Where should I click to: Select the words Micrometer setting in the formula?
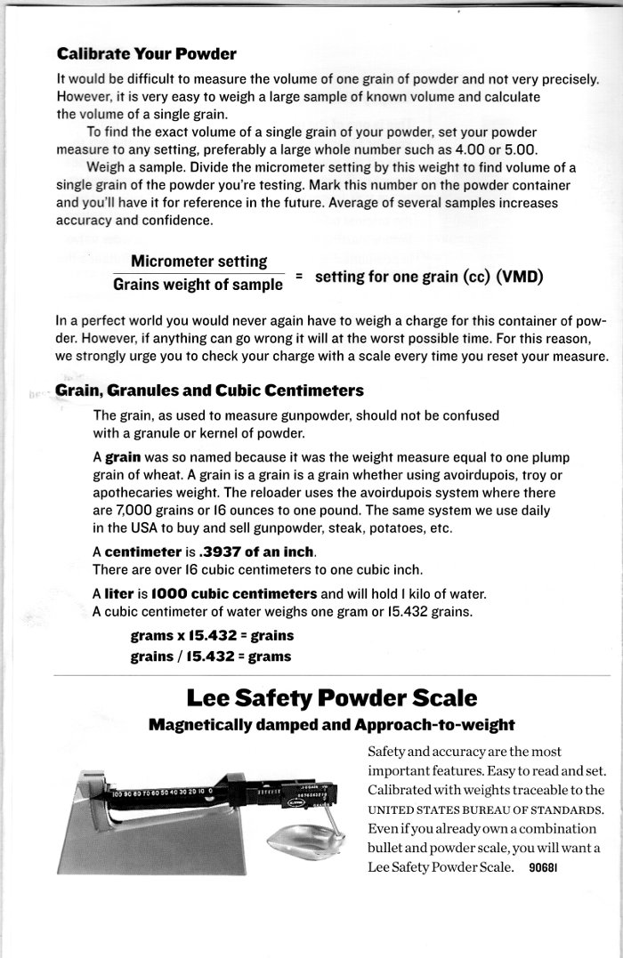click(199, 262)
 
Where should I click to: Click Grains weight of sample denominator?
click(198, 286)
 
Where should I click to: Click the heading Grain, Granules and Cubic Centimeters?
click(209, 390)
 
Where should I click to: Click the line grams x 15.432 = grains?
click(212, 637)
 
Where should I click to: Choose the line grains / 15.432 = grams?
click(211, 656)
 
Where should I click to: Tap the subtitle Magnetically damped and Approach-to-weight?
click(332, 724)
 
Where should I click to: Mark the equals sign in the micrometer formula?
click(299, 276)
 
